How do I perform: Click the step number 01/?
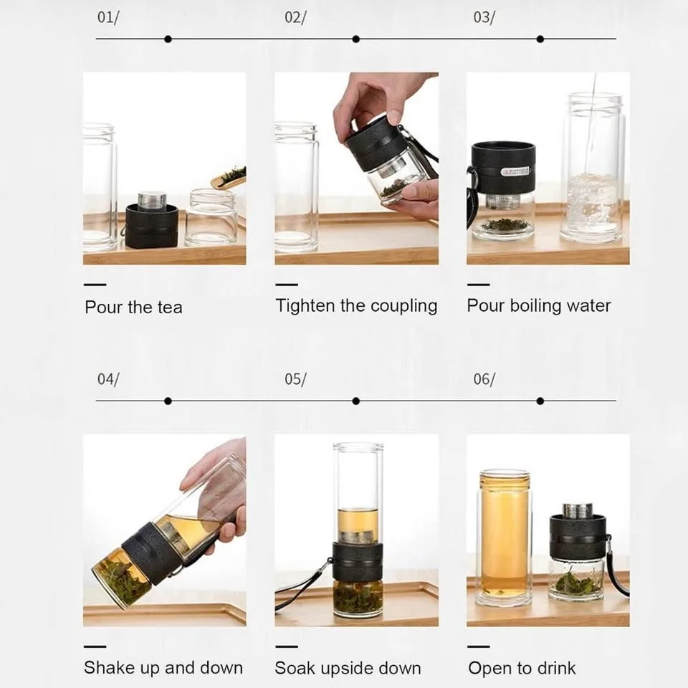click(107, 18)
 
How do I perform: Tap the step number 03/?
click(484, 18)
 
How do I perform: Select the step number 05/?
click(295, 379)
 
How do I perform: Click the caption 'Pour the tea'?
click(133, 307)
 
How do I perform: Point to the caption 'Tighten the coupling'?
click(356, 306)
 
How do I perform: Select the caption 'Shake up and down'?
click(163, 668)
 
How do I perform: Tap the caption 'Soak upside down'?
click(348, 669)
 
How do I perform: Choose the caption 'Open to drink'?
click(522, 669)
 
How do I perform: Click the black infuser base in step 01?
click(151, 225)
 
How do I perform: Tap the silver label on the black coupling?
click(514, 171)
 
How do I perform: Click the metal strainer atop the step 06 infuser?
click(578, 510)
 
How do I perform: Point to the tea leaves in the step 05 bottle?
click(358, 596)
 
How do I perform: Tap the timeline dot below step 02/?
click(356, 39)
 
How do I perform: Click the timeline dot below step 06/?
click(540, 401)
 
